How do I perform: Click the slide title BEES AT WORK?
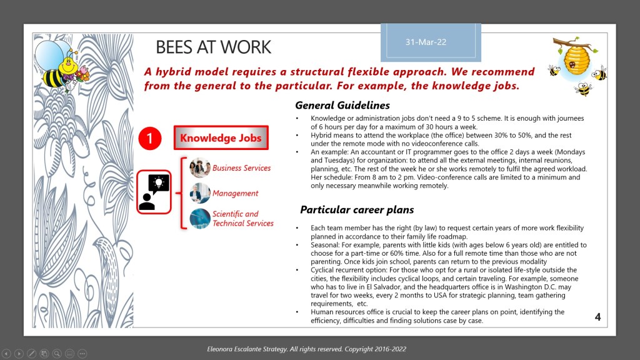pyautogui.click(x=213, y=47)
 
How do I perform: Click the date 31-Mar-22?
pyautogui.click(x=426, y=42)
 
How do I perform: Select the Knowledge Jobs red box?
pyautogui.click(x=221, y=138)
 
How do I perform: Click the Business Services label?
pyautogui.click(x=241, y=168)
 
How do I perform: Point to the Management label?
pyautogui.click(x=235, y=194)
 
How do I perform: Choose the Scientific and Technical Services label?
pyautogui.click(x=242, y=219)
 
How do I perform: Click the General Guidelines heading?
pyautogui.click(x=342, y=106)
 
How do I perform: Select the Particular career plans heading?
pyautogui.click(x=357, y=209)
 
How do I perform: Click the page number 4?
pyautogui.click(x=597, y=317)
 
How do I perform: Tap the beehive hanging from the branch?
pyautogui.click(x=575, y=59)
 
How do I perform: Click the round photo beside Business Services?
pyautogui.click(x=200, y=168)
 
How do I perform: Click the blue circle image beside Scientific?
pyautogui.click(x=200, y=219)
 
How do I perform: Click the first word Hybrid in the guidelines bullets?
pyautogui.click(x=322, y=135)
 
